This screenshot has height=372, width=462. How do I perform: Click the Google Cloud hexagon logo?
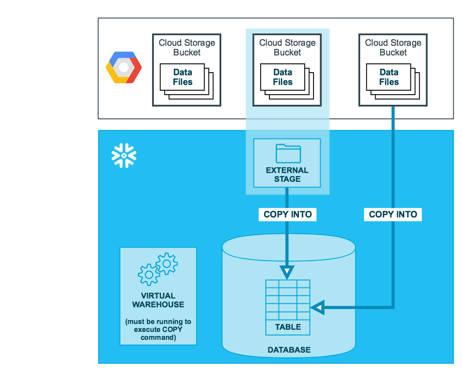[x=124, y=67]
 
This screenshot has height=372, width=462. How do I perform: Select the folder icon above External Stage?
[x=288, y=153]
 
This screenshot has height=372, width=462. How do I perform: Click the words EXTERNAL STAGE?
[x=287, y=174]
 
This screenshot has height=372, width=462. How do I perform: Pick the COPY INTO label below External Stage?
[x=287, y=214]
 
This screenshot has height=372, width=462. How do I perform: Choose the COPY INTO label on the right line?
[x=393, y=214]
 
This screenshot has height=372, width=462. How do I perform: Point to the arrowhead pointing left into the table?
[x=317, y=307]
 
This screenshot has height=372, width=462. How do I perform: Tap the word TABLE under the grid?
[x=288, y=327]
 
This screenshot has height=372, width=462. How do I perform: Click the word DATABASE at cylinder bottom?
[x=289, y=350]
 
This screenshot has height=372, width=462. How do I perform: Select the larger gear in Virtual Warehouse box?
[x=149, y=275]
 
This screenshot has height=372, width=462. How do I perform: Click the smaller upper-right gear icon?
[x=167, y=264]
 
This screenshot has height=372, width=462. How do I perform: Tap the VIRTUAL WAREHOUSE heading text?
[x=158, y=300]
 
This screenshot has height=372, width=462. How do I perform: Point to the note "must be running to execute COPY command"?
[x=158, y=329]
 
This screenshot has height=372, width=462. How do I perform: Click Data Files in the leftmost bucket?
[x=183, y=77]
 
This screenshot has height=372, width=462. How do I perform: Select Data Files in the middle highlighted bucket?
[x=283, y=77]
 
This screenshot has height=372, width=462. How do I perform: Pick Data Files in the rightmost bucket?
[x=389, y=77]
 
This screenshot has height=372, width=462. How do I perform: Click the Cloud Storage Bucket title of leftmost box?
[x=187, y=48]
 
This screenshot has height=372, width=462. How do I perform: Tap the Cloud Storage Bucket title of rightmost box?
[x=393, y=48]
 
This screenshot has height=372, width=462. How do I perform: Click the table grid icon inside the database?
[x=287, y=300]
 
